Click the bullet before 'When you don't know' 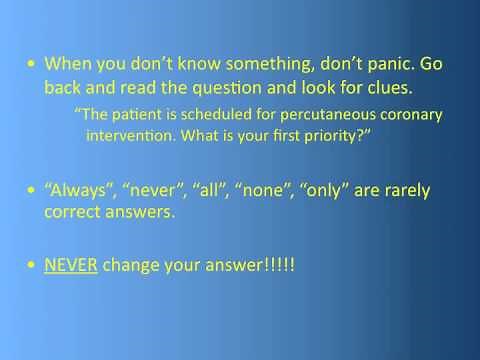(32, 62)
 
